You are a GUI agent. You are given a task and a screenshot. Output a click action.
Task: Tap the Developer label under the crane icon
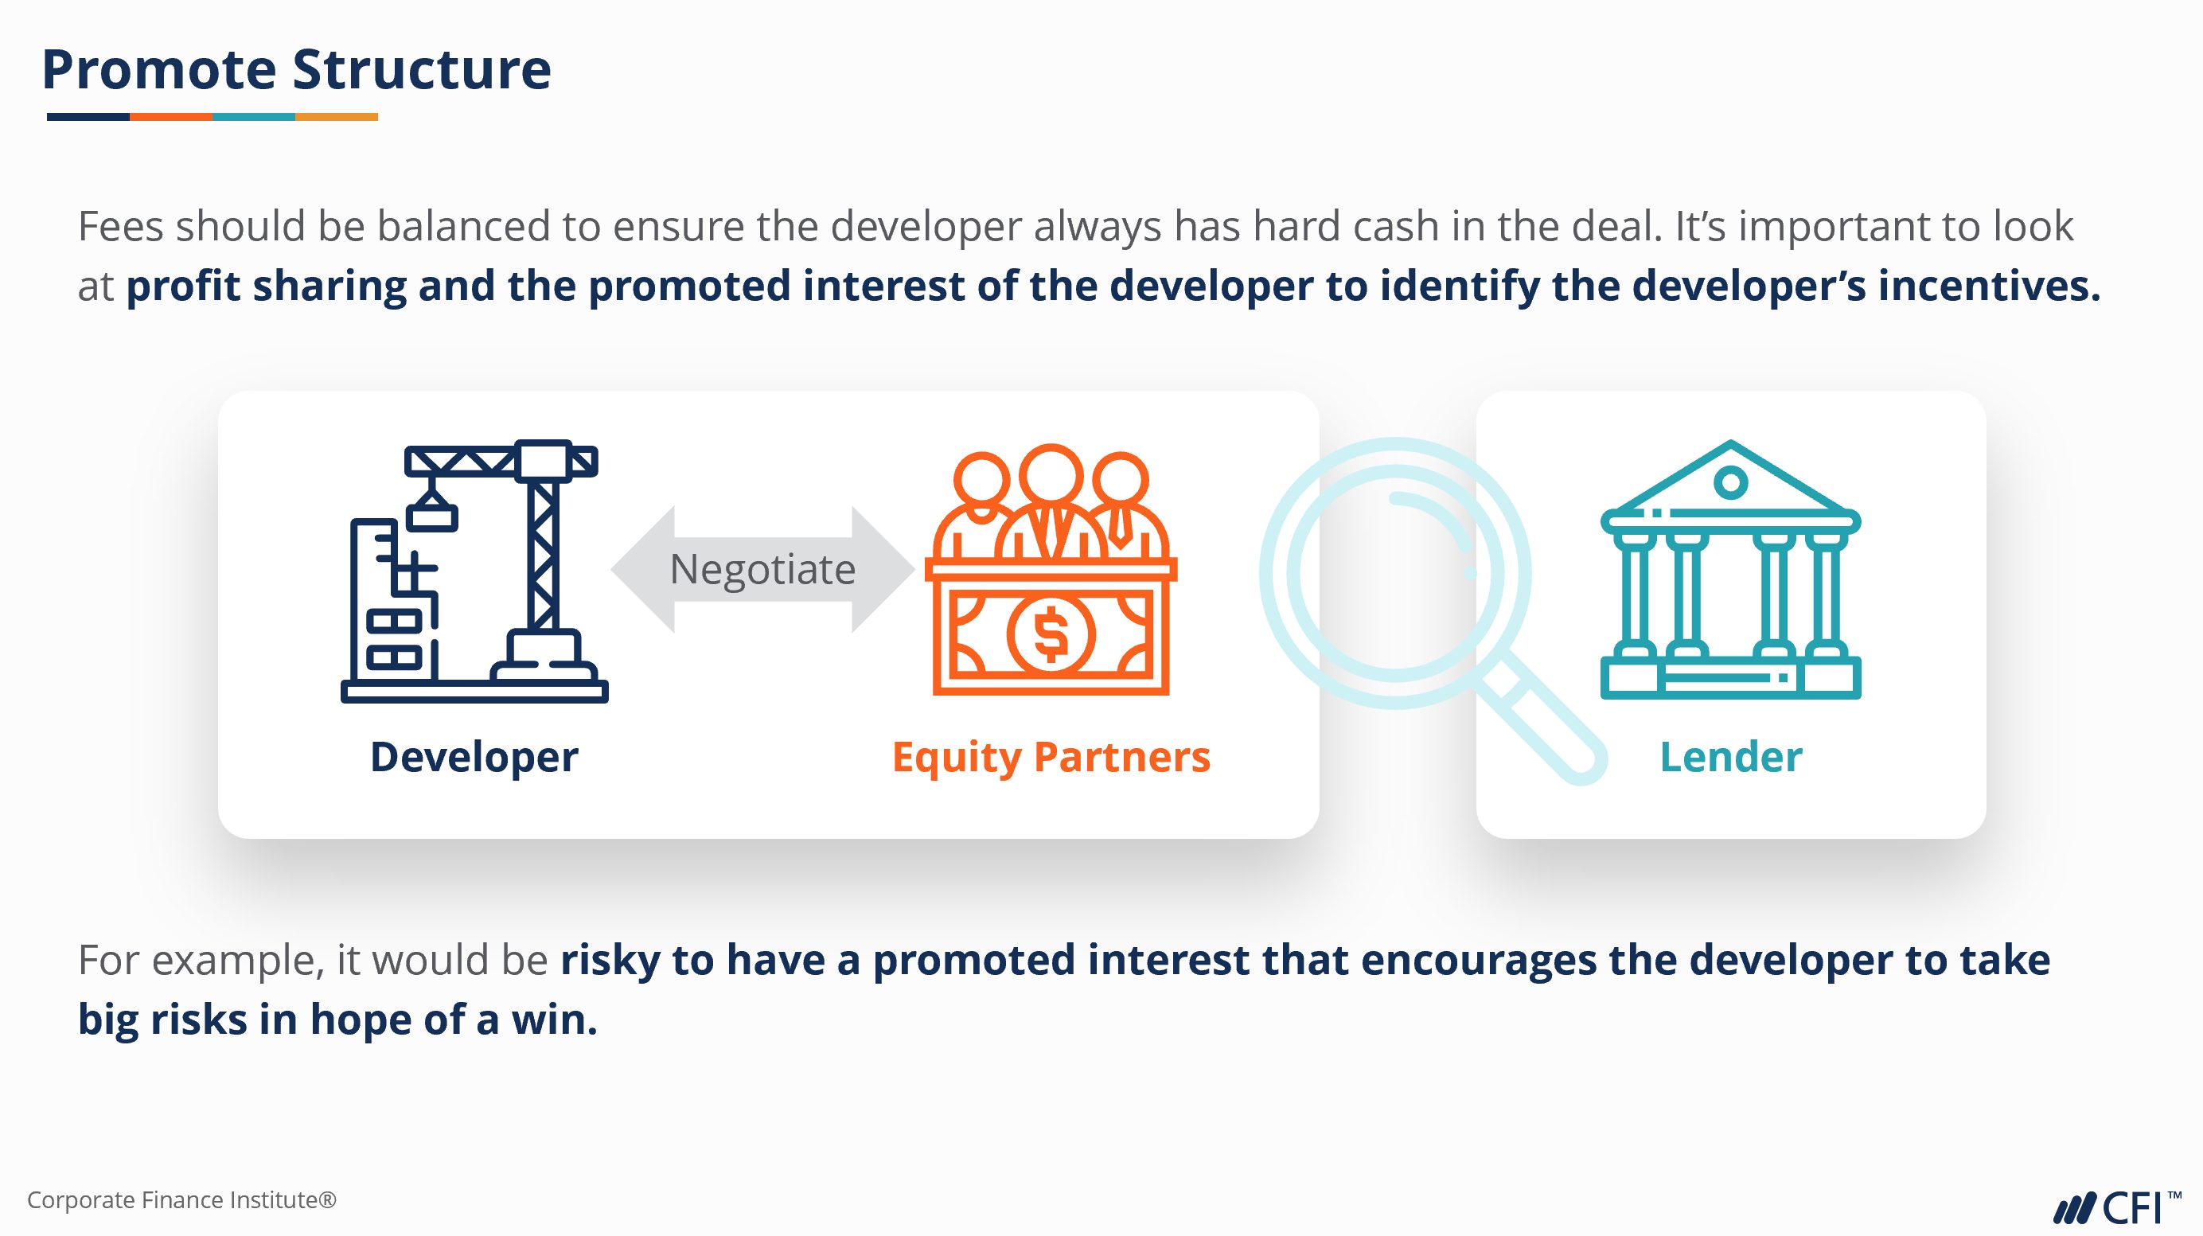click(x=474, y=758)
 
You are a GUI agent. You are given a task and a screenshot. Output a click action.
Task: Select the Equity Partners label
click(x=1051, y=758)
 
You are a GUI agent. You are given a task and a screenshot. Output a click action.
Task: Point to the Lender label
click(x=1731, y=757)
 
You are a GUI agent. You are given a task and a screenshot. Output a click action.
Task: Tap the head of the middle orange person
click(x=1051, y=474)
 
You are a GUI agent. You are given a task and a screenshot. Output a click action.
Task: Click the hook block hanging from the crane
click(x=432, y=516)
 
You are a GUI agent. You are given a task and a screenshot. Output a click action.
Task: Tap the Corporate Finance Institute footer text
click(x=182, y=1200)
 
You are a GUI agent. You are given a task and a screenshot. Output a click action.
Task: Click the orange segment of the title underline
click(x=171, y=116)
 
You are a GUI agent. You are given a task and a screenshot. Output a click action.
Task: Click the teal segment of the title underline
click(x=254, y=116)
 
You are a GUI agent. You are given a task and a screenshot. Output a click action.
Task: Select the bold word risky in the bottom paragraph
click(x=610, y=961)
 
